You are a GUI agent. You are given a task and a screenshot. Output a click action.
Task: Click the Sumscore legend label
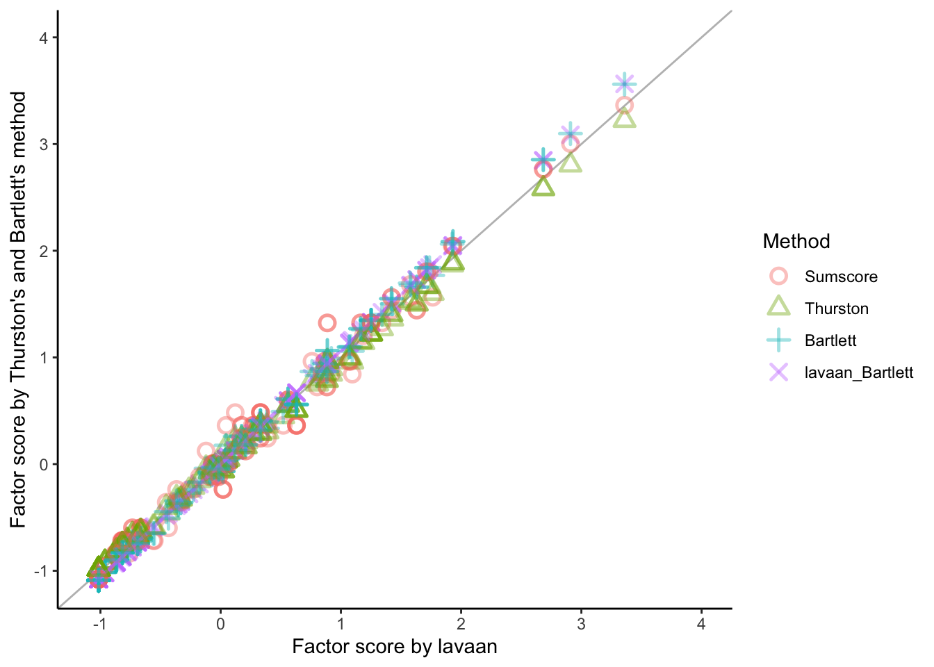point(841,277)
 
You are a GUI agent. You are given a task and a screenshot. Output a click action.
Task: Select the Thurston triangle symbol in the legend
point(779,307)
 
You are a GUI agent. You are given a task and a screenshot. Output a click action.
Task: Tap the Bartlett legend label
point(830,340)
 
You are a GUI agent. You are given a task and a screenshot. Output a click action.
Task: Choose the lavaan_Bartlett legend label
point(859,372)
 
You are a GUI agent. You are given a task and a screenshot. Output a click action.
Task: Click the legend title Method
point(796,241)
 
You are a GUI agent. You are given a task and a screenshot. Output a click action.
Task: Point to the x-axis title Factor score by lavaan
point(395,647)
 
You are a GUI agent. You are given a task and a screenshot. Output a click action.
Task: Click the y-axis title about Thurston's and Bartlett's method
point(19,310)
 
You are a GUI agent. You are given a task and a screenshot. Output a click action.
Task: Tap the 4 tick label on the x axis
point(701,624)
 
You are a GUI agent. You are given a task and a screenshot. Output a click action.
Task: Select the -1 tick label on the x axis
point(99,624)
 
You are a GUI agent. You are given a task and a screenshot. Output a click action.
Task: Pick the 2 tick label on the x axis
point(461,624)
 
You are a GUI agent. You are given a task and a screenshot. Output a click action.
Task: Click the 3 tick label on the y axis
point(43,145)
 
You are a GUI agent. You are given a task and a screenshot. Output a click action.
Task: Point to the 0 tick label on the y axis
point(43,464)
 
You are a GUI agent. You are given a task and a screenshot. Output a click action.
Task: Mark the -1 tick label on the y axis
point(40,571)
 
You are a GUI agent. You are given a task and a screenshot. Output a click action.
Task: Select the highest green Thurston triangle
point(625,118)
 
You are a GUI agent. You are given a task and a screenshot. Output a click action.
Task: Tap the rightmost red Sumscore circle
point(624,106)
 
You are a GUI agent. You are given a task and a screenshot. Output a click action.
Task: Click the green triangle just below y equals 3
point(571,163)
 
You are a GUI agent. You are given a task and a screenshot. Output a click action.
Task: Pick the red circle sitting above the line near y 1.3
point(327,322)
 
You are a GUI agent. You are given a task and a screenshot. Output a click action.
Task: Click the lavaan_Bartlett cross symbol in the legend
point(779,372)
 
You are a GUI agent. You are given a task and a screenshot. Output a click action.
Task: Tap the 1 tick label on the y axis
point(43,358)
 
